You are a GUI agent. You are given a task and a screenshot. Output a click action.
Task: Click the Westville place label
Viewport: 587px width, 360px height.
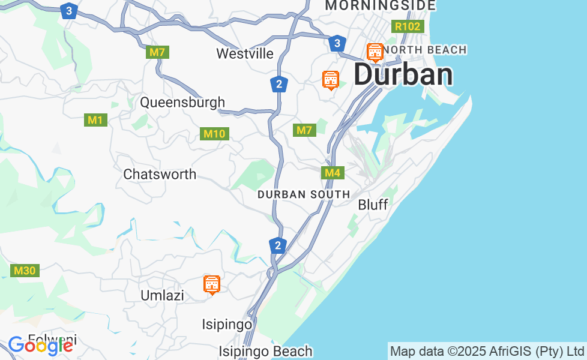(x=245, y=54)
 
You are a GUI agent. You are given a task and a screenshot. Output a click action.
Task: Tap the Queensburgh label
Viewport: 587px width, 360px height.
(x=182, y=103)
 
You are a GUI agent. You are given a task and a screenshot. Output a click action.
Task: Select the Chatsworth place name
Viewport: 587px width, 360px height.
(x=160, y=175)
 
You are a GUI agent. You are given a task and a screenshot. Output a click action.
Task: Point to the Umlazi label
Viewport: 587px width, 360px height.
(x=162, y=296)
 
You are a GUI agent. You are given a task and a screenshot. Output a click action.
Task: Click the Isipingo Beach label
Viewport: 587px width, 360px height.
(x=265, y=352)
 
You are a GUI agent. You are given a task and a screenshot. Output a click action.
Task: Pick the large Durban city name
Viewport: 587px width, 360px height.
(x=403, y=75)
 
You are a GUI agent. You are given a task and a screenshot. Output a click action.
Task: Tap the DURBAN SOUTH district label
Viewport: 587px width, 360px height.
(x=304, y=194)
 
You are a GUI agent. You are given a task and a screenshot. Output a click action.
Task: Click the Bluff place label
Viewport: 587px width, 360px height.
(x=373, y=205)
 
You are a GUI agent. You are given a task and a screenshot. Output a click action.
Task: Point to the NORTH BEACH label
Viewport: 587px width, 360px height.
(x=425, y=50)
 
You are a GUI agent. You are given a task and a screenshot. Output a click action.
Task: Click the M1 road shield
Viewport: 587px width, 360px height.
(x=95, y=120)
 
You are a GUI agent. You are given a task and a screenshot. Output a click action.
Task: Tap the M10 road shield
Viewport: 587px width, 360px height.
(x=214, y=134)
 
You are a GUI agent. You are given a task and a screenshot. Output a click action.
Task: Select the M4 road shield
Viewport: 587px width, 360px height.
(x=332, y=173)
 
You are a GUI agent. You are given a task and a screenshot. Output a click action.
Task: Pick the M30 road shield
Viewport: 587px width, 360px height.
(x=25, y=271)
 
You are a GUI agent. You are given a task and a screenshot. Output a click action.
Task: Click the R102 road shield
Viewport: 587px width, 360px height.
(x=408, y=26)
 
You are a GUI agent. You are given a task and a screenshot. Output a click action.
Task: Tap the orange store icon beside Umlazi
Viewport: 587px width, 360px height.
(x=212, y=285)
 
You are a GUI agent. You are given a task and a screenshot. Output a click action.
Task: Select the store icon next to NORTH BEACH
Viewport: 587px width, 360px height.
(x=375, y=53)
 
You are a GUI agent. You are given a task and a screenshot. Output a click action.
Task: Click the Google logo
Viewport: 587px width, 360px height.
(x=40, y=345)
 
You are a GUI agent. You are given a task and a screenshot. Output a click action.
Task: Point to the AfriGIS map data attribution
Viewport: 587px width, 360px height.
(x=487, y=351)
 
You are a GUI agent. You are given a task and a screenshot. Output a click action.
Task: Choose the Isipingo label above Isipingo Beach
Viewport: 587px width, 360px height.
(x=227, y=325)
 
